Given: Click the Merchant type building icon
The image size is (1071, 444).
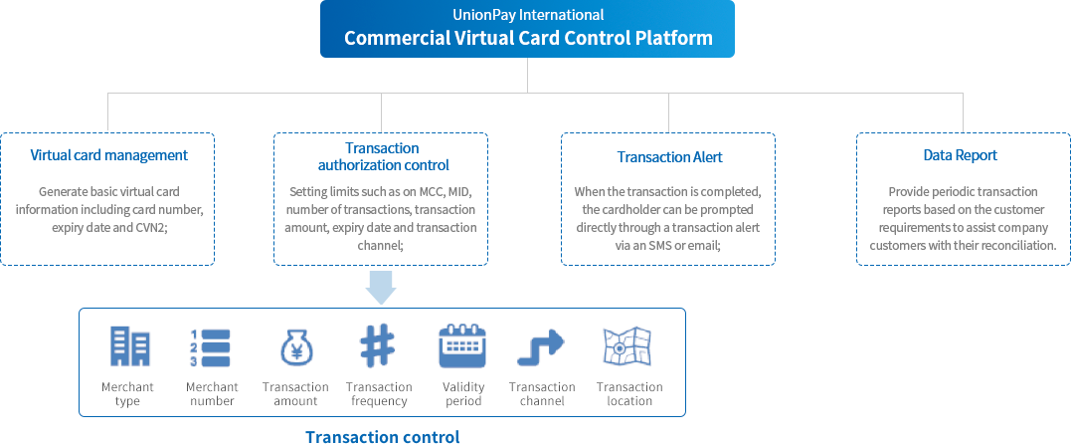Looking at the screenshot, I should tap(127, 347).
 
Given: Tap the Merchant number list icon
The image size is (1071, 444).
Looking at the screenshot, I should tap(212, 347).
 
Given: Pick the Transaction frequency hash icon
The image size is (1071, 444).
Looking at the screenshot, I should tap(378, 347).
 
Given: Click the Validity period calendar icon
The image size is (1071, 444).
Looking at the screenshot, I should tap(462, 347).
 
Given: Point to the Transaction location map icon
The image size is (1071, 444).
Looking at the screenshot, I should tap(627, 347).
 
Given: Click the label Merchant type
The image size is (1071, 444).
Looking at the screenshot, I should tap(127, 394).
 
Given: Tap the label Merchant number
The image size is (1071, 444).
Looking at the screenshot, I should tap(212, 394).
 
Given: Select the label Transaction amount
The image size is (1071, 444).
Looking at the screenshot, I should tap(295, 394).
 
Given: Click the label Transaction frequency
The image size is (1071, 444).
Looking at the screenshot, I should tap(379, 394).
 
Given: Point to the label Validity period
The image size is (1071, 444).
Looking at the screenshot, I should tap(463, 394).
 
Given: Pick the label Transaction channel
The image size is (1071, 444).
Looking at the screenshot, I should tap(542, 394).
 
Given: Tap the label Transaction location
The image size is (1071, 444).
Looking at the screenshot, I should tap(629, 394).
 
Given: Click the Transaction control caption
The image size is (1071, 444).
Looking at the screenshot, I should tap(382, 437).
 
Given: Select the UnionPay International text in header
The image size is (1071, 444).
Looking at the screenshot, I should tap(527, 15).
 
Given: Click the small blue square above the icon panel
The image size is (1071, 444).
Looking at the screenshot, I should tap(380, 288).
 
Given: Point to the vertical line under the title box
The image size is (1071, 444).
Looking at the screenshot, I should tap(527, 74).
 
